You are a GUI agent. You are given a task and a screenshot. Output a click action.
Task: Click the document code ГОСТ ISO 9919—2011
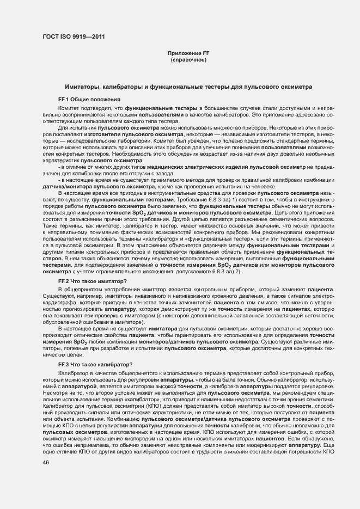(74, 36)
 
